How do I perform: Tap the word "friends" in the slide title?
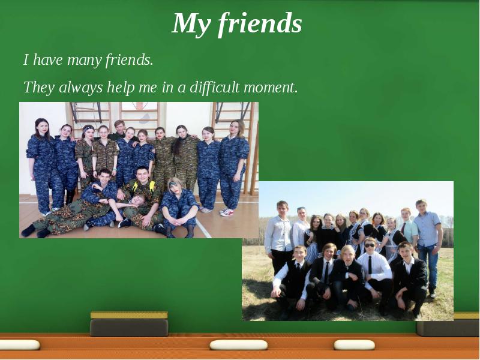pos(259,23)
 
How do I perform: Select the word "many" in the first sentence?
pos(85,60)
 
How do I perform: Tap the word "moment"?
pos(269,88)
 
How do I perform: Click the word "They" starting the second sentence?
pos(38,88)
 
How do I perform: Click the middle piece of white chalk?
pos(238,345)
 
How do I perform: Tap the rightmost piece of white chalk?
pos(354,345)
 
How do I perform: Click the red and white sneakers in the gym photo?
pos(226,211)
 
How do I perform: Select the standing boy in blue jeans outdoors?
pos(428,243)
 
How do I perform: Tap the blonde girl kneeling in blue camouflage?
pos(178,204)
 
